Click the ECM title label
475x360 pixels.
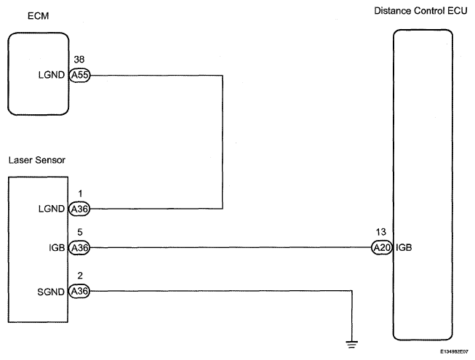(38, 16)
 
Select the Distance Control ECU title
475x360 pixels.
(420, 11)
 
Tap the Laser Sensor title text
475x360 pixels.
(36, 160)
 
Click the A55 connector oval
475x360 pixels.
(80, 75)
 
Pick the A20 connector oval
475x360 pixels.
(382, 248)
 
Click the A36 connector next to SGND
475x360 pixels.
(79, 291)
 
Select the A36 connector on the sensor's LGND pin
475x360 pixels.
(79, 209)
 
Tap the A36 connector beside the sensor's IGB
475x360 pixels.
(79, 248)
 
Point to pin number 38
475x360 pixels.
(79, 60)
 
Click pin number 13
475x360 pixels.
(381, 232)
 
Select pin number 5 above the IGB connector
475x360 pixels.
(80, 232)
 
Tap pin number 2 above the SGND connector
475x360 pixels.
(80, 276)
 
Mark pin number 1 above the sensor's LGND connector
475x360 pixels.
(80, 193)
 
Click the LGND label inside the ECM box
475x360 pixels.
(52, 75)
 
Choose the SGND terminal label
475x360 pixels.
(51, 292)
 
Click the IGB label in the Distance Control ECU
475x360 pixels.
(404, 248)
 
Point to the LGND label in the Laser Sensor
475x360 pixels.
(52, 209)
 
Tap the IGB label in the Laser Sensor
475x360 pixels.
(57, 248)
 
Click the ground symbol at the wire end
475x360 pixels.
(352, 345)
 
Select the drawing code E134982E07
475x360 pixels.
(455, 352)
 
